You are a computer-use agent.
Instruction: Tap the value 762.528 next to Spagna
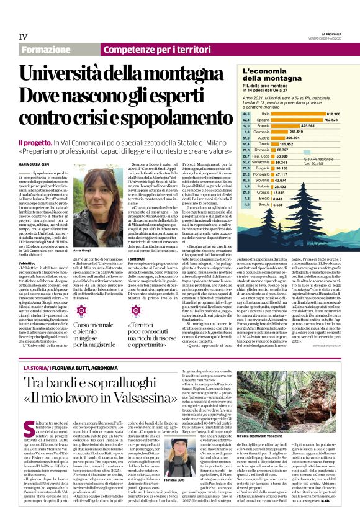pos(331,120)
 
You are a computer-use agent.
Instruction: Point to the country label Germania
pos(261,132)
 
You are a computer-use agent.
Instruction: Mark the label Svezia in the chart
pos(263,204)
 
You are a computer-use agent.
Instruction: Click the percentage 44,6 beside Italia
pos(246,114)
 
